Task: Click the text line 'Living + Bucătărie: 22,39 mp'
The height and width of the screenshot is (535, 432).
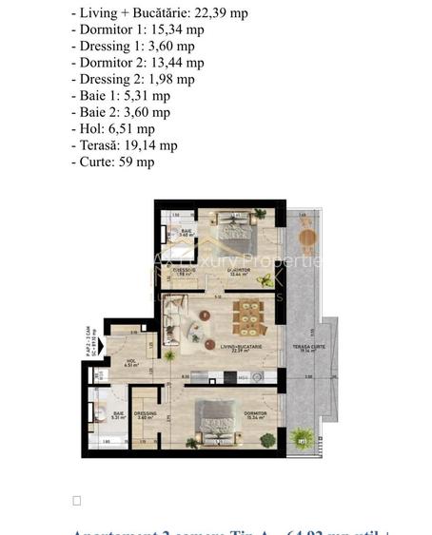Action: [159, 12]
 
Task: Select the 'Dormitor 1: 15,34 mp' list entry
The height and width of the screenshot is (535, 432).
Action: [137, 29]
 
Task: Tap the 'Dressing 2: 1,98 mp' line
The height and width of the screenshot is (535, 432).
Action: [132, 79]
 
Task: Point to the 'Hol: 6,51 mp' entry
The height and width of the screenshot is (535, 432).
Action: [112, 129]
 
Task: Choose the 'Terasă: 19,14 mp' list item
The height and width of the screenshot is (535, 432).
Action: [124, 145]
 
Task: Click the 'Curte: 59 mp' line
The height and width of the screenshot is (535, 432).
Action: [112, 162]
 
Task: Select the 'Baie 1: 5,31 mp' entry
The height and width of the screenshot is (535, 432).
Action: [120, 96]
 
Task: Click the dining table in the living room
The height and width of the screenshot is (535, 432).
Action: [249, 317]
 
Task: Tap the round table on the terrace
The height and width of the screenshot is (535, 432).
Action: [306, 237]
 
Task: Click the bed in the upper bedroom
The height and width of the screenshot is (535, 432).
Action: [235, 229]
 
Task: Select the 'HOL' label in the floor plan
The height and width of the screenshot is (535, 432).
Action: [118, 361]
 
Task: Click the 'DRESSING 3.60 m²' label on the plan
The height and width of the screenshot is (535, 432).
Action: [146, 415]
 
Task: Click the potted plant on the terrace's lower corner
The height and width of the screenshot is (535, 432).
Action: [302, 437]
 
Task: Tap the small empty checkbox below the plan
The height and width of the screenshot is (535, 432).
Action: [77, 501]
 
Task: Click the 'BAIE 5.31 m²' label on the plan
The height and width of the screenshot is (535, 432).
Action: [118, 415]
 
